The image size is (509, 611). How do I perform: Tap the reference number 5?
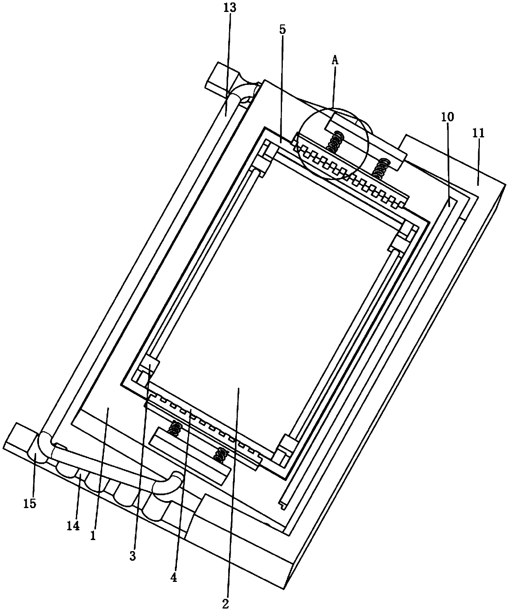pos(282,30)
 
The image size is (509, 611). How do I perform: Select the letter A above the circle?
pos(335,60)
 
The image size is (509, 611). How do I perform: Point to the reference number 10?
pos(447,117)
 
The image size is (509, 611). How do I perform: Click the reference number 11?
pos(479,133)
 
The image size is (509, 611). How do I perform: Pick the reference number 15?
pos(30,503)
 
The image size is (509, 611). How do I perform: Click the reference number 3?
pos(132,556)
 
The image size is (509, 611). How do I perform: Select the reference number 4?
pos(174,578)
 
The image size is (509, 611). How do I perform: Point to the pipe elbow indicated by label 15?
pos(41,447)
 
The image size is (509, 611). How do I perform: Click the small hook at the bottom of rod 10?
pos(282,506)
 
